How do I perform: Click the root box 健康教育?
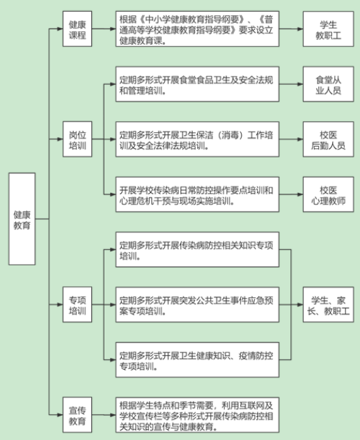coord(22,219)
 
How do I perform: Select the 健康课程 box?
coord(77,29)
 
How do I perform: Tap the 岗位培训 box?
coord(77,139)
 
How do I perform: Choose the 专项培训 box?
coord(77,304)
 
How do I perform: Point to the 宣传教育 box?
coord(77,415)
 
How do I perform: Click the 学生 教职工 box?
coord(328,29)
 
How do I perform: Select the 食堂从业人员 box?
coord(328,84)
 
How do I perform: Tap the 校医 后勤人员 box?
coord(328,139)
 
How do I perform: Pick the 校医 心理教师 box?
coord(328,194)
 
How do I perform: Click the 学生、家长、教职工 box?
coord(328,304)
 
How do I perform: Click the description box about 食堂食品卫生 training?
coord(197,84)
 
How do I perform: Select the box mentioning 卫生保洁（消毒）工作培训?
coord(197,139)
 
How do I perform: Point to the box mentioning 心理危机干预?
coord(197,194)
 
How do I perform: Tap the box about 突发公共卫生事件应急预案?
coord(197,304)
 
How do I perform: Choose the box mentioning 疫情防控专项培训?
coord(197,360)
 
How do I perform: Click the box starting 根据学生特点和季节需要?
coord(197,415)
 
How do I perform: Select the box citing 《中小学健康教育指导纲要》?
coord(197,29)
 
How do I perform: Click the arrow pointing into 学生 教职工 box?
coord(291,29)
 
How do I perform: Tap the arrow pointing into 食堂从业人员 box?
coord(291,84)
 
